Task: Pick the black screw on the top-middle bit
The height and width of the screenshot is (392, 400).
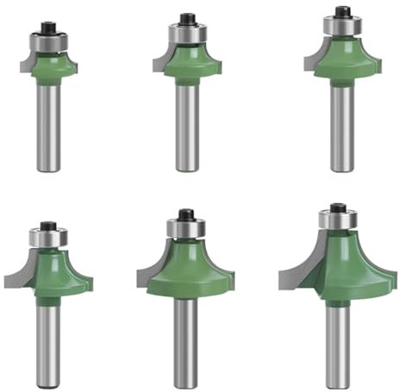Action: click(186, 18)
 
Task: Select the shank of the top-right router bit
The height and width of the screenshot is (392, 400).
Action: click(341, 129)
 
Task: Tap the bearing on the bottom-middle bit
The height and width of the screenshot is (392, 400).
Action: click(185, 227)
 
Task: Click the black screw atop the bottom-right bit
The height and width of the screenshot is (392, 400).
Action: click(337, 208)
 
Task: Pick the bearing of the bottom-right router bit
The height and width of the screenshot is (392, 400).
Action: click(337, 221)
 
